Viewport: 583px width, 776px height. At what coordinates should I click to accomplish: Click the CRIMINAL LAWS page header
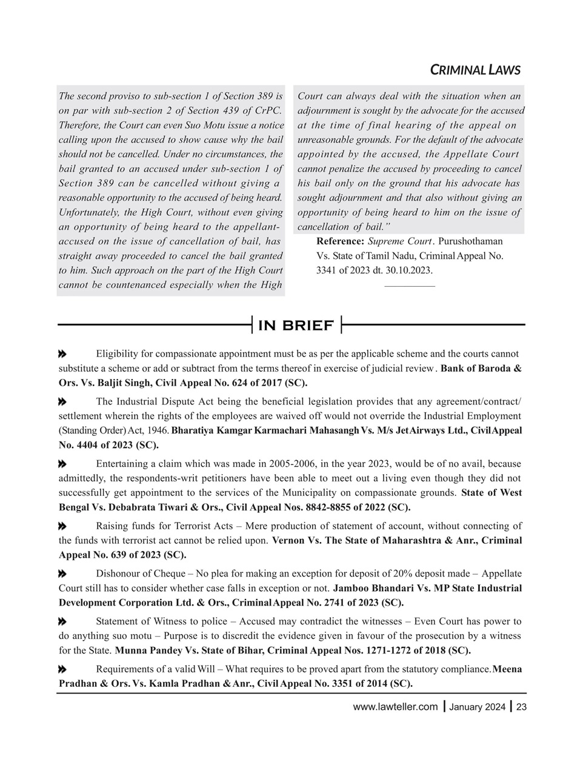point(475,70)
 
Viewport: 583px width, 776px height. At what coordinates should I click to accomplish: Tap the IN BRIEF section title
point(296,326)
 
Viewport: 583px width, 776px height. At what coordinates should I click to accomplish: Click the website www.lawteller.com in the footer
point(395,707)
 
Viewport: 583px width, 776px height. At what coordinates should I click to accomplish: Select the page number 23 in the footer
point(521,707)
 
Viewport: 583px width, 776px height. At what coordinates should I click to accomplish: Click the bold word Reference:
point(341,241)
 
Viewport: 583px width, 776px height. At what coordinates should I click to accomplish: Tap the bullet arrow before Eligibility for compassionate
point(62,353)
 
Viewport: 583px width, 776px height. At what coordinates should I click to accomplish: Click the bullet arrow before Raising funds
point(62,526)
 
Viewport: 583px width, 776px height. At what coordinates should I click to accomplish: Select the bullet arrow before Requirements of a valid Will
point(62,669)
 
